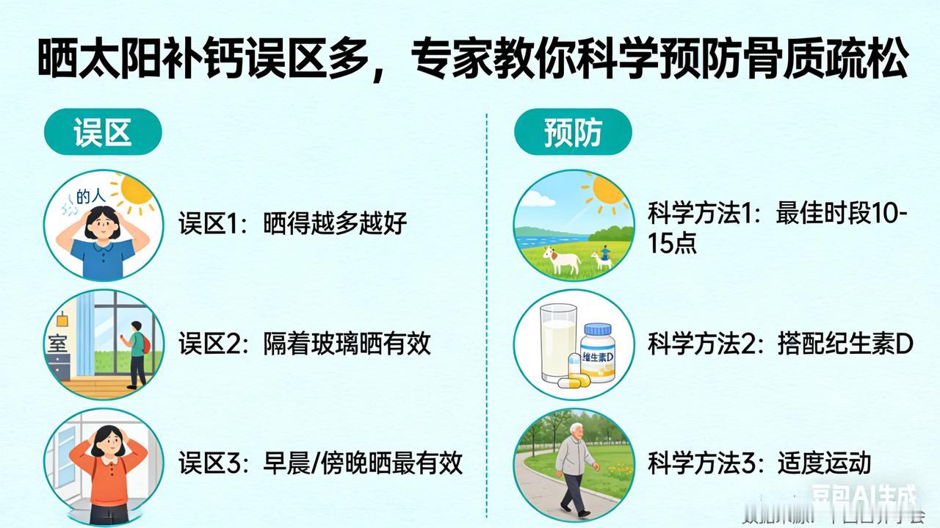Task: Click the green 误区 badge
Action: pos(103,132)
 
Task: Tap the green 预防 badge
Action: pos(573,132)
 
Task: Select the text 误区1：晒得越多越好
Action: pos(292,223)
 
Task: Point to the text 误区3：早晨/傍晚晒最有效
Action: pos(320,463)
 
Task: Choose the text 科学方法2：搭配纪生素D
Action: pos(780,343)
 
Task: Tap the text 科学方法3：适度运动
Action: pos(759,463)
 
